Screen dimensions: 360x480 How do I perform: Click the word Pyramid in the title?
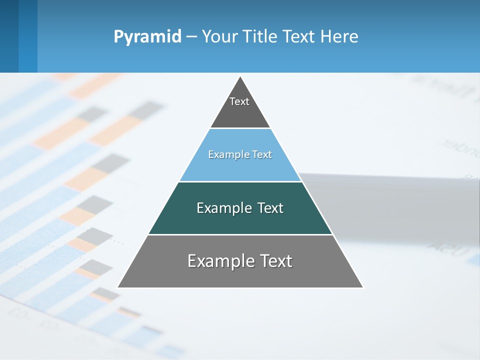(147, 37)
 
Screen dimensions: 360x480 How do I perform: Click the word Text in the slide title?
(299, 36)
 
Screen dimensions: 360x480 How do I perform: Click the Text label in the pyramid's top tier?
(239, 101)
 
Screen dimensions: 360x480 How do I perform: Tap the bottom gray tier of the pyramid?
(240, 275)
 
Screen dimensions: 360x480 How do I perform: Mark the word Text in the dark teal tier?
(270, 208)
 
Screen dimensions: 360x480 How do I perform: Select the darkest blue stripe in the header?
(9, 36)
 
